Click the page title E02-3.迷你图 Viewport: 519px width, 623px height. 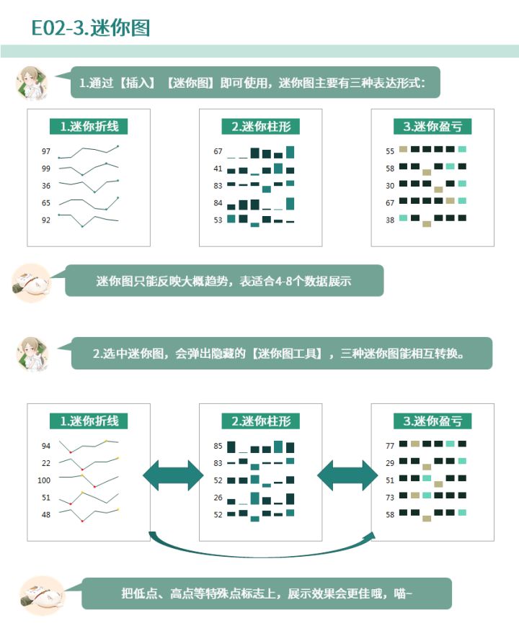pyautogui.click(x=91, y=28)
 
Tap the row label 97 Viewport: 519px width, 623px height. pyautogui.click(x=46, y=151)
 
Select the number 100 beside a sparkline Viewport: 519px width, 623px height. pyautogui.click(x=44, y=480)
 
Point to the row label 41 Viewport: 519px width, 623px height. pyautogui.click(x=218, y=169)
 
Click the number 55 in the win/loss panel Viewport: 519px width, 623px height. pyautogui.click(x=390, y=151)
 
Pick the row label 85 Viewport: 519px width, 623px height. pyautogui.click(x=218, y=446)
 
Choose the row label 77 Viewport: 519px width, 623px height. pyautogui.click(x=390, y=446)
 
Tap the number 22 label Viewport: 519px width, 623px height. pyautogui.click(x=46, y=463)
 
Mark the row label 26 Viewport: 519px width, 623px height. pyautogui.click(x=218, y=498)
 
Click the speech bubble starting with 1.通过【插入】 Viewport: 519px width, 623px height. pyautogui.click(x=255, y=82)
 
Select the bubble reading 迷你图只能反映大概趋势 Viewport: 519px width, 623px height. pyautogui.click(x=224, y=280)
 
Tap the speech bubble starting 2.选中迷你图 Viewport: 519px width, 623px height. pyautogui.click(x=282, y=353)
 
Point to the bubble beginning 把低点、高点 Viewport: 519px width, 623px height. pyautogui.click(x=267, y=593)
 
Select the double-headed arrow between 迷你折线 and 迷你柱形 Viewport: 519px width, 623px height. pyautogui.click(x=173, y=475)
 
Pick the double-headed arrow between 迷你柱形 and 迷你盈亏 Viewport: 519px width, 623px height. pyautogui.click(x=347, y=475)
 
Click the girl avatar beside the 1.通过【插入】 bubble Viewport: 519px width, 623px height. pyautogui.click(x=32, y=83)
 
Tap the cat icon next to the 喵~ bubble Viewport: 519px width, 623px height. pyautogui.click(x=42, y=595)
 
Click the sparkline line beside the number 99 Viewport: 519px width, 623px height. pyautogui.click(x=88, y=169)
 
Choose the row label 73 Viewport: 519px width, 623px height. pyautogui.click(x=390, y=498)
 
